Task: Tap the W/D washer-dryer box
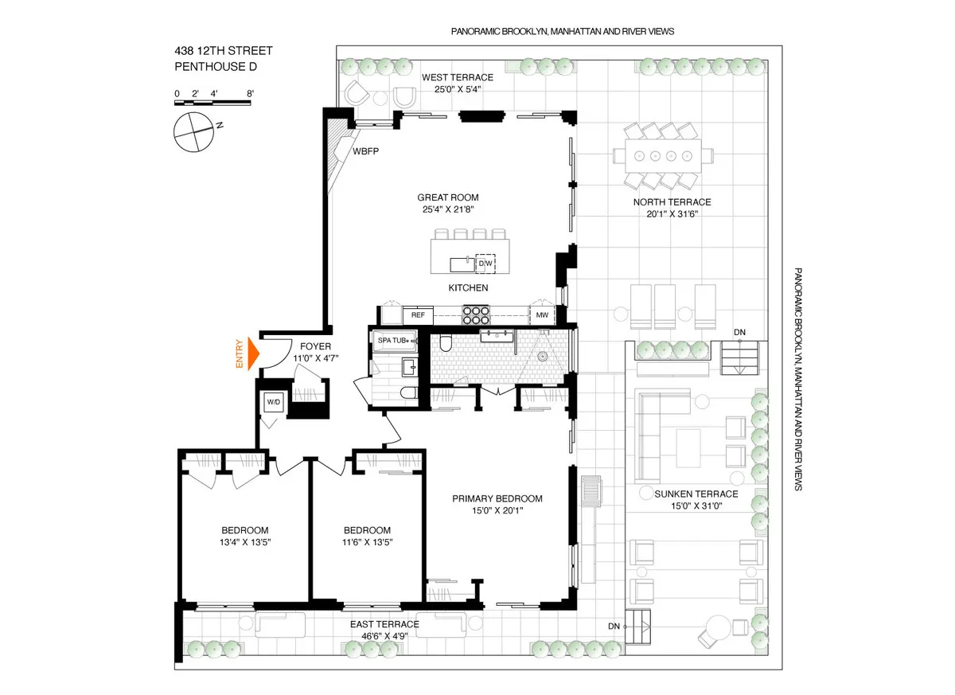coord(273,403)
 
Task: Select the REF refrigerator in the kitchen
coord(417,315)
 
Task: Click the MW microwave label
coord(542,315)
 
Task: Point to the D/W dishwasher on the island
coord(485,263)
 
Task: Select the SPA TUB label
coord(391,341)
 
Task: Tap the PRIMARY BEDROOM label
coord(497,498)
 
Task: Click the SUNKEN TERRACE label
coord(696,494)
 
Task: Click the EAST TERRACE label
coord(384,624)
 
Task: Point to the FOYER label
coord(314,346)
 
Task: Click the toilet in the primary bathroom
coord(446,344)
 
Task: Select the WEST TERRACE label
coord(457,77)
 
